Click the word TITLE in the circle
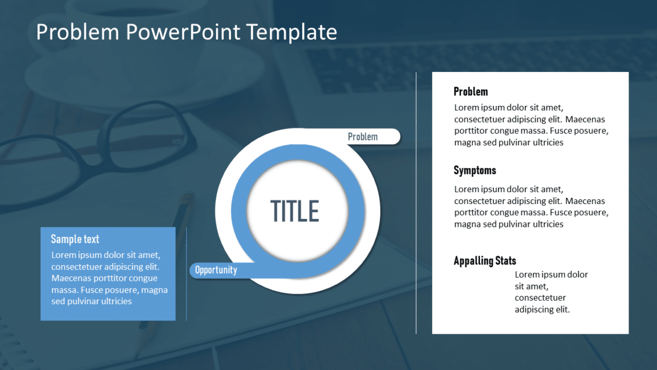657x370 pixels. (x=295, y=211)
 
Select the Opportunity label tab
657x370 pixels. (x=222, y=270)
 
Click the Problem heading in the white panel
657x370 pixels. (x=470, y=92)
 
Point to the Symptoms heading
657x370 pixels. (x=475, y=171)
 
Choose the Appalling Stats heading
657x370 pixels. (x=485, y=261)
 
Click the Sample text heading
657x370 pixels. (x=75, y=239)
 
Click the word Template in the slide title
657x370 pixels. (x=292, y=32)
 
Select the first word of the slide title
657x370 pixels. (x=77, y=32)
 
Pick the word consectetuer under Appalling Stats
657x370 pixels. (x=540, y=298)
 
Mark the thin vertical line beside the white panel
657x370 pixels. (x=416, y=203)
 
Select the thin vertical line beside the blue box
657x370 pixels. (x=187, y=274)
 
